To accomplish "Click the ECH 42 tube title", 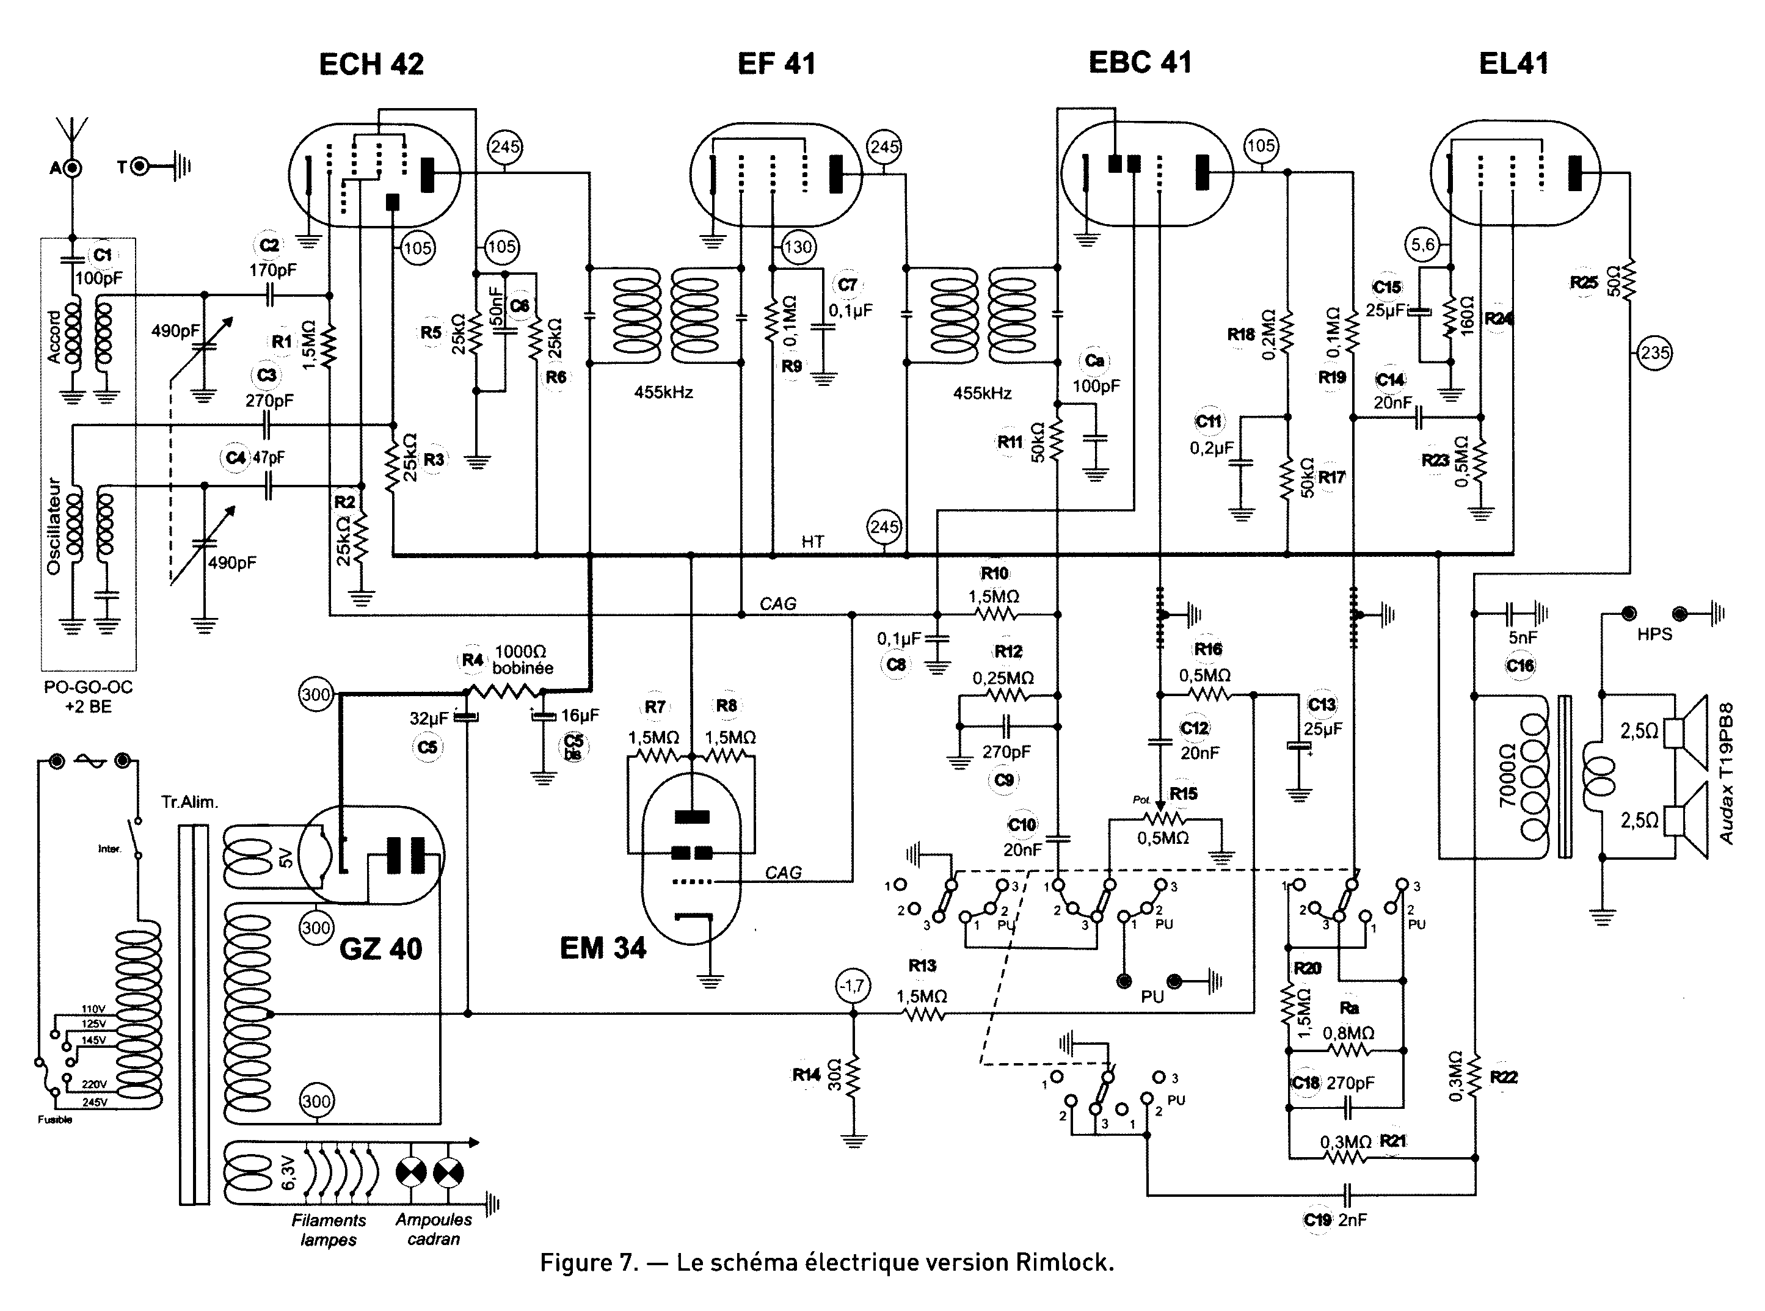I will tap(371, 64).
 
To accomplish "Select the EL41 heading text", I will tap(1513, 64).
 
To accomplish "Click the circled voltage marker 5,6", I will tap(1422, 244).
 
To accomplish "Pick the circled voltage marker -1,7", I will tap(853, 986).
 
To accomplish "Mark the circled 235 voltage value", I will tap(1654, 353).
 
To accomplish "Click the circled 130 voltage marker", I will tap(798, 247).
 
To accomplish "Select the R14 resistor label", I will tap(806, 1075).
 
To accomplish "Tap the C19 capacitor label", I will tap(1317, 1220).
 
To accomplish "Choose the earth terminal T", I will tap(140, 167).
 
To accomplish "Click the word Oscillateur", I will tap(54, 525).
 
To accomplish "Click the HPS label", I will tap(1654, 634).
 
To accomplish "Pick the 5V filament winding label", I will tap(286, 859).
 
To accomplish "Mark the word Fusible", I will tap(55, 1120).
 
